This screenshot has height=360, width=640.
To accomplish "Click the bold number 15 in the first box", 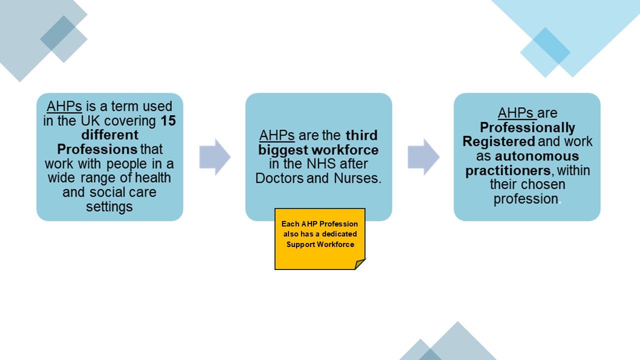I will click(168, 121).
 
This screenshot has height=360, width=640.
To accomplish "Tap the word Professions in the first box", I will click(97, 149).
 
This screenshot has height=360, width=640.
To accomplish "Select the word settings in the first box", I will click(109, 206).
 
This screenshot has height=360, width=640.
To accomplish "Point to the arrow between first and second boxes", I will click(214, 157).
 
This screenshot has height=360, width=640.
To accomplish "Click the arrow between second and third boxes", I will click(423, 157).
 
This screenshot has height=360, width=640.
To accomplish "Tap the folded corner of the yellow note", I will click(360, 264).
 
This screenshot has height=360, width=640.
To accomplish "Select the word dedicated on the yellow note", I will click(339, 234).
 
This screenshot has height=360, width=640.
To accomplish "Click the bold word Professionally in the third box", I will click(527, 127).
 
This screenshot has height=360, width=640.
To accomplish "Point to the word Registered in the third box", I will click(498, 141).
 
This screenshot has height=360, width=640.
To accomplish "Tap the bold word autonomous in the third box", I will click(536, 156).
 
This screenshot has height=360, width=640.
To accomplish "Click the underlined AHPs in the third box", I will click(516, 113).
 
